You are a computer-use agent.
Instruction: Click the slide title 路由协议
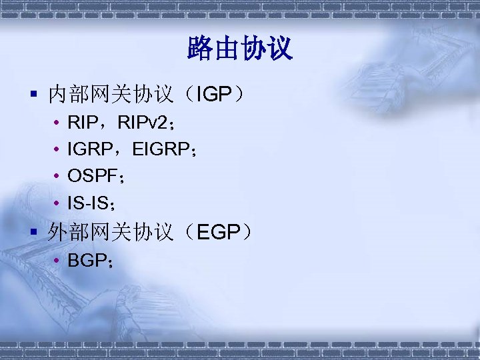click(240, 49)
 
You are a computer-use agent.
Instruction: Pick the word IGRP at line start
click(86, 150)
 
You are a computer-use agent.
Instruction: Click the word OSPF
click(91, 176)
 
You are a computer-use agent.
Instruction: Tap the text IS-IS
click(87, 202)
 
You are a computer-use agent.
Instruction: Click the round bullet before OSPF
click(58, 177)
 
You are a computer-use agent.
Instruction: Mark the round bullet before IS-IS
click(58, 203)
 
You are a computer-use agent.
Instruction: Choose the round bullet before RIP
click(58, 124)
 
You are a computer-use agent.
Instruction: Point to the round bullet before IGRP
click(58, 151)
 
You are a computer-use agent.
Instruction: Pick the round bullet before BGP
click(58, 261)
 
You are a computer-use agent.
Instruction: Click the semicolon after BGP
click(108, 262)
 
